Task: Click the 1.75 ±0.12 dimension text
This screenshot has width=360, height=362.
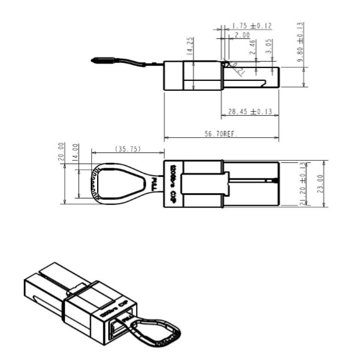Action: coord(251,26)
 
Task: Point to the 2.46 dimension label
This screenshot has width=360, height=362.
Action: coord(252,47)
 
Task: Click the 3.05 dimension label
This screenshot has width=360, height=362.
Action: coord(268,46)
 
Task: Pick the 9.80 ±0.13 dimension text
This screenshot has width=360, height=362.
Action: coord(300,43)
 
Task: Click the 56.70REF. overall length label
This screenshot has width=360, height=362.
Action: coord(221,133)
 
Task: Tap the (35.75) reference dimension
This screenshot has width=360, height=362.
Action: coord(127,150)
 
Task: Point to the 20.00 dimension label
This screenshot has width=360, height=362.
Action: coord(61,153)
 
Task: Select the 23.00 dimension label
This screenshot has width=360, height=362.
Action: coord(319,184)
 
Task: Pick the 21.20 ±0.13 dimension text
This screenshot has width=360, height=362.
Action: coord(302,184)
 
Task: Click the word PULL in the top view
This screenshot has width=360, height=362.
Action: coord(154,184)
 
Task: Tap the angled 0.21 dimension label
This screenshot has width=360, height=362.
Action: coord(237,70)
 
